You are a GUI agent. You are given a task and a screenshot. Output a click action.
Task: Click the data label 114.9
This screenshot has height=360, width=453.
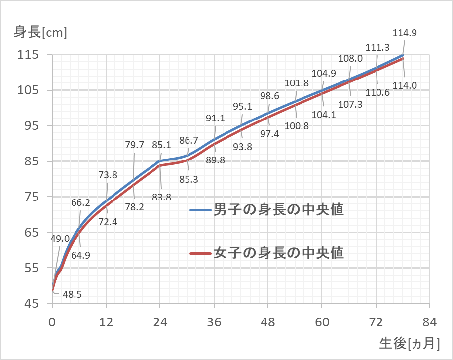(405, 34)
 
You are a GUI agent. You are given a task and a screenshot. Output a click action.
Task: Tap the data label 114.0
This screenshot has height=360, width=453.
(405, 85)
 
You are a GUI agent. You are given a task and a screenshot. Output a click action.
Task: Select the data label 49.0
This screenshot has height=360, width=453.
(60, 239)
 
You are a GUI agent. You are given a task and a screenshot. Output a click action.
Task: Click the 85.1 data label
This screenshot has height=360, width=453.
(162, 145)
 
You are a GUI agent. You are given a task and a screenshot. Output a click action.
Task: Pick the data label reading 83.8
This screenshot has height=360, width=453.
(162, 197)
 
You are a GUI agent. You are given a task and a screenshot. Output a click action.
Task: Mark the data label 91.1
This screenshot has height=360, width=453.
(216, 118)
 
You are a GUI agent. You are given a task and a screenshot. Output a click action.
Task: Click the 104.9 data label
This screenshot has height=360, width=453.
(324, 74)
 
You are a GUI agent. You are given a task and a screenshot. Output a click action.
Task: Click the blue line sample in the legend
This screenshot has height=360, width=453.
(201, 210)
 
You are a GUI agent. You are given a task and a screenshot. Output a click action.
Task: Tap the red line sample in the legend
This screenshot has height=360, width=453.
(201, 253)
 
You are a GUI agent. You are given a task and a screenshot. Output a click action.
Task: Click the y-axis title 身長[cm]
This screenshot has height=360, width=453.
(40, 33)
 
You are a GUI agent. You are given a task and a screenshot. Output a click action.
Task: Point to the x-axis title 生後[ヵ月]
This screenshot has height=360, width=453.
(409, 343)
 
